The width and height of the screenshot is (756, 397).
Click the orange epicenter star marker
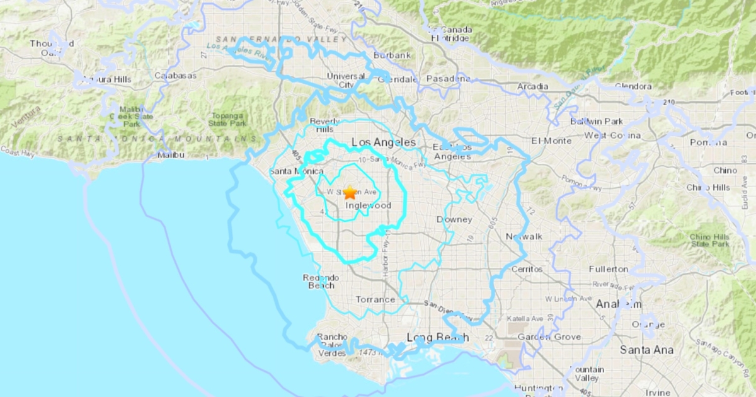pos(350,193)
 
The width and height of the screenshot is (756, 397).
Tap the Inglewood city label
pos(369,205)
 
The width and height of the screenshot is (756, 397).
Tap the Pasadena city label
pos(449,79)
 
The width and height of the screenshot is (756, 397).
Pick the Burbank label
pos(392,55)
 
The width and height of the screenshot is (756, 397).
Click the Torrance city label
pos(375,299)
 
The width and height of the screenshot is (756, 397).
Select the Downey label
pos(454,219)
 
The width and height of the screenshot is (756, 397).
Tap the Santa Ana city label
pos(646,350)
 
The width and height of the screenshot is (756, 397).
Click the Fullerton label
pos(609,269)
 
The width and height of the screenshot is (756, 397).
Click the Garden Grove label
pos(549,337)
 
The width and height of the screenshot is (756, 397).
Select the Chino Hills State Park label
pos(709,240)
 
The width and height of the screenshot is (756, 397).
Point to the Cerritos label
pos(527,268)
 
